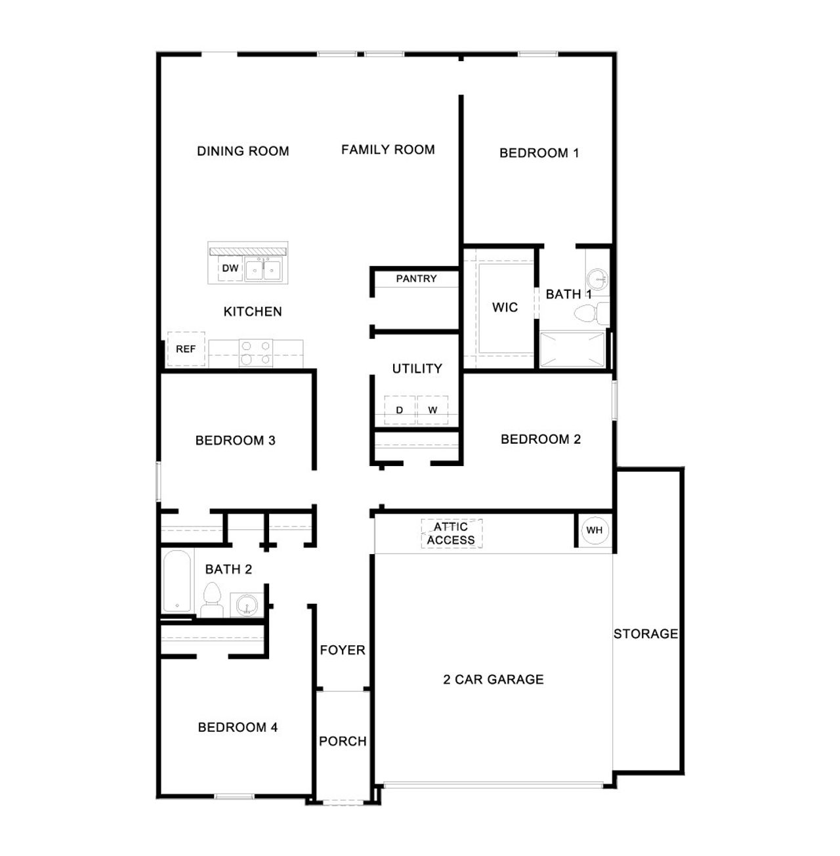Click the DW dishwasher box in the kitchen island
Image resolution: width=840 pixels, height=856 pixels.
[x=230, y=268]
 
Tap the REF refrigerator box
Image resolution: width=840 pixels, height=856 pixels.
[x=186, y=349]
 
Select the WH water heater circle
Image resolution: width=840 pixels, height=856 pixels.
[x=595, y=530]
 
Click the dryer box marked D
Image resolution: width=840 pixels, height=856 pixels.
[x=400, y=410]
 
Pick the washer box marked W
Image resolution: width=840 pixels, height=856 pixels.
[x=432, y=410]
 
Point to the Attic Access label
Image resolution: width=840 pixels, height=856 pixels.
[x=451, y=534]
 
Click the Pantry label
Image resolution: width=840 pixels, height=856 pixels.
[x=416, y=279]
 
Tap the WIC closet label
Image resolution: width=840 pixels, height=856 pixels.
[x=505, y=307]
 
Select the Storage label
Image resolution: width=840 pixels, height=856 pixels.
[x=646, y=634]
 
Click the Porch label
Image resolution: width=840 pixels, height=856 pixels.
[x=343, y=741]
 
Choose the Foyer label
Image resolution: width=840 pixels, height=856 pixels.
[x=343, y=650]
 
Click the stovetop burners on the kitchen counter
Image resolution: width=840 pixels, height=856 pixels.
[x=256, y=353]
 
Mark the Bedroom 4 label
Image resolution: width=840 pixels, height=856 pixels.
[x=238, y=727]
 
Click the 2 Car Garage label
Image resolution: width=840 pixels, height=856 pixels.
[x=493, y=679]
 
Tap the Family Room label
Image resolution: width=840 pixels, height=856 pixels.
[x=388, y=150]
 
